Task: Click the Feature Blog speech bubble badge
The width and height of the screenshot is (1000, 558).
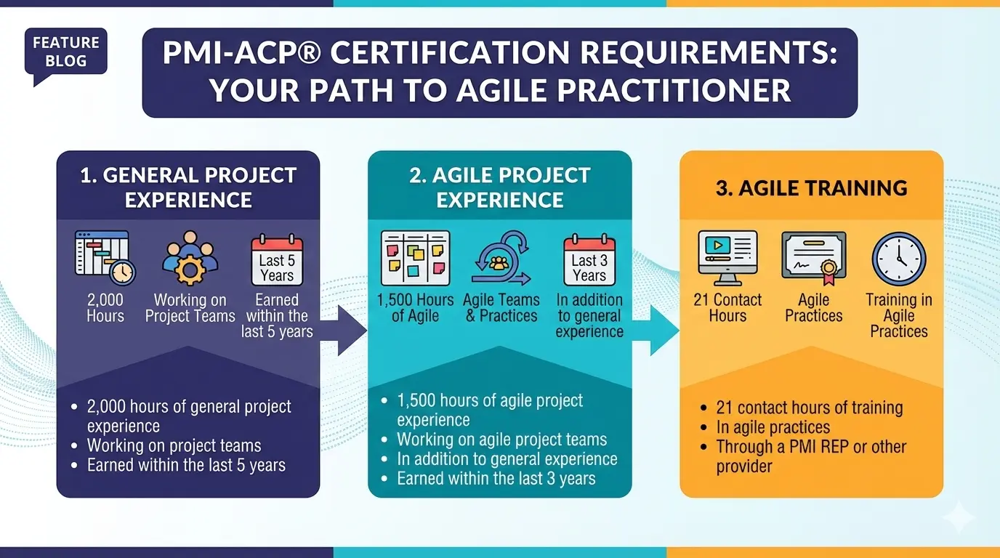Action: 65,53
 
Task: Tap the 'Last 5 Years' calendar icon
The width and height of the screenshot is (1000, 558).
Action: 276,259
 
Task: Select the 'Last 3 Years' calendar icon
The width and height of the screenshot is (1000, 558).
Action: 589,259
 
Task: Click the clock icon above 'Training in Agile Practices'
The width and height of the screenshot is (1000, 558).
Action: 898,258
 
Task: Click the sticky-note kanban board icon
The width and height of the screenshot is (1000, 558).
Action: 415,258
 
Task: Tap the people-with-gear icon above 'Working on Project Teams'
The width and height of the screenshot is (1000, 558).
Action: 190,258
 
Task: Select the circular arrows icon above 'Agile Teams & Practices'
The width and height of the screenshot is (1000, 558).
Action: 501,258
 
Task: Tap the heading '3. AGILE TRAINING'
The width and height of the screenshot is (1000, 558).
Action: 811,188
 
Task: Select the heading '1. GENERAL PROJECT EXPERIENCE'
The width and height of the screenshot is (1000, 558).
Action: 188,187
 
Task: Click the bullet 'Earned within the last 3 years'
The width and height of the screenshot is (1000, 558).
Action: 496,479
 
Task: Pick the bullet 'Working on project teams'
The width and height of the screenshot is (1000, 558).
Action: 174,445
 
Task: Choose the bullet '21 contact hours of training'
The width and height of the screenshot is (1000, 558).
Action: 809,408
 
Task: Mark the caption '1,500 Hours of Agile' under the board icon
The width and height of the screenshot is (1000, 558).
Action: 415,307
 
